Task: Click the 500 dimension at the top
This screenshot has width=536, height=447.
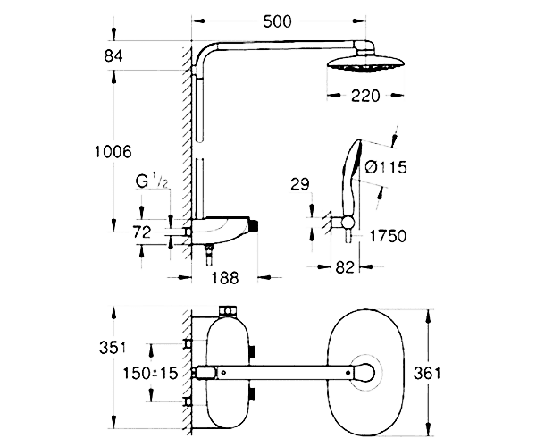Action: (x=277, y=21)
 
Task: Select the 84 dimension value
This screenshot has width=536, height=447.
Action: (x=113, y=55)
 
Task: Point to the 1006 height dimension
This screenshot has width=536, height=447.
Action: (x=113, y=151)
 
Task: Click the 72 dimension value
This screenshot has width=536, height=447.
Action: (x=141, y=232)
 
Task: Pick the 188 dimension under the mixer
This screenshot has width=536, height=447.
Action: (x=224, y=278)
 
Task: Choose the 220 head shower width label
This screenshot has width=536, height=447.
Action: (x=365, y=96)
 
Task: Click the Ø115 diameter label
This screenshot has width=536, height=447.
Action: (x=386, y=167)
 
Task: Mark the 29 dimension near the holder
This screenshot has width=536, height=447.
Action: (x=300, y=184)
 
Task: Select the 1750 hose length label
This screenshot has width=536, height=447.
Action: (x=388, y=236)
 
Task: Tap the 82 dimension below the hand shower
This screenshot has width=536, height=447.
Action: (x=345, y=267)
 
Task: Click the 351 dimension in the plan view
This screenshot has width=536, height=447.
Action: (x=113, y=348)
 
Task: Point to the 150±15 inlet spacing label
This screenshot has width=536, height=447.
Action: (x=150, y=373)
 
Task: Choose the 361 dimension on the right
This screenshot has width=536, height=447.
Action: (x=427, y=373)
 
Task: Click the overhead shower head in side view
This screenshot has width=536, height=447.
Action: (x=366, y=63)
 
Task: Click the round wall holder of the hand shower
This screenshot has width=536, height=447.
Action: (x=348, y=222)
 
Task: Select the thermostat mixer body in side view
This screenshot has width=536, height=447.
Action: (x=222, y=231)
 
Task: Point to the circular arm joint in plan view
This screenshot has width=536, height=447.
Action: (x=363, y=373)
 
